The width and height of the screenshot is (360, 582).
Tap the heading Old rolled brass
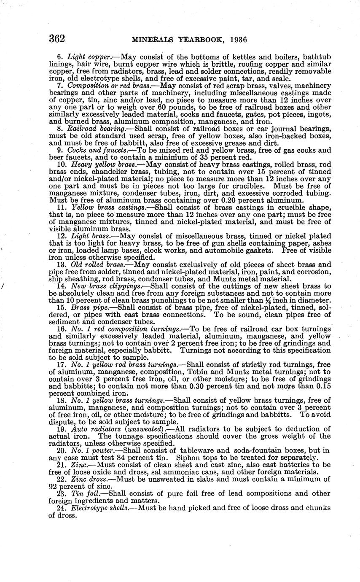coord(97,264)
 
